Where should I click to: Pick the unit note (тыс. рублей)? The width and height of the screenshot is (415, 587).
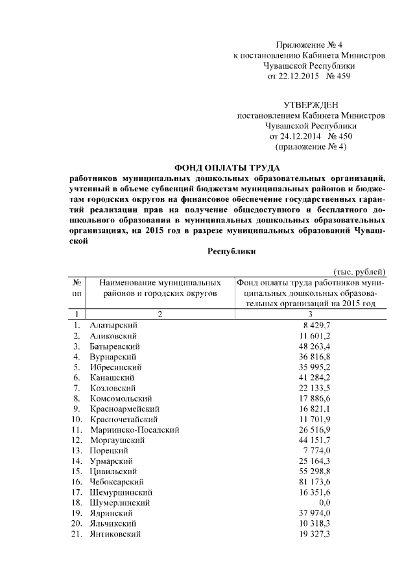[360, 271]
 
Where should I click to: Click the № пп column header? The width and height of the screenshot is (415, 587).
[76, 287]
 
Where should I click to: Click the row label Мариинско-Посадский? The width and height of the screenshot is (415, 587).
[134, 429]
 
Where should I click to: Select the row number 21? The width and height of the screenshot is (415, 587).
[77, 533]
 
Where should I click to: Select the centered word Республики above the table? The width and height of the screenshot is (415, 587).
[231, 251]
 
